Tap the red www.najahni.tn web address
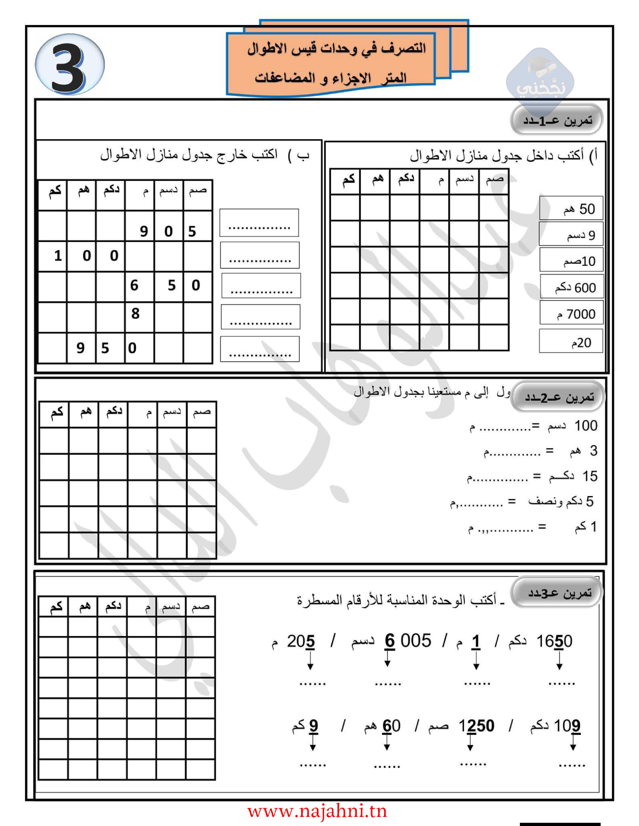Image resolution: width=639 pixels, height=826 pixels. click(317, 811)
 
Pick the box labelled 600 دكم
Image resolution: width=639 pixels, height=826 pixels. click(571, 288)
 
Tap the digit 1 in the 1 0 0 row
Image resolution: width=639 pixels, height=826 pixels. click(58, 256)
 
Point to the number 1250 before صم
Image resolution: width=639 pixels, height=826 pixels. click(476, 726)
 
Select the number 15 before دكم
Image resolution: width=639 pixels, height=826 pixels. click(590, 476)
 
